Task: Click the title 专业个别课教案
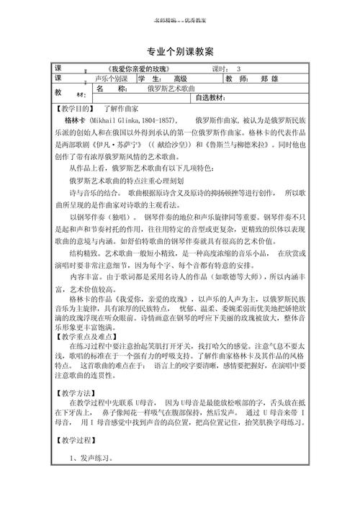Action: click(x=179, y=50)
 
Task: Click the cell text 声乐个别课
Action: click(x=110, y=78)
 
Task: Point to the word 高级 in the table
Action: click(x=179, y=78)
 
